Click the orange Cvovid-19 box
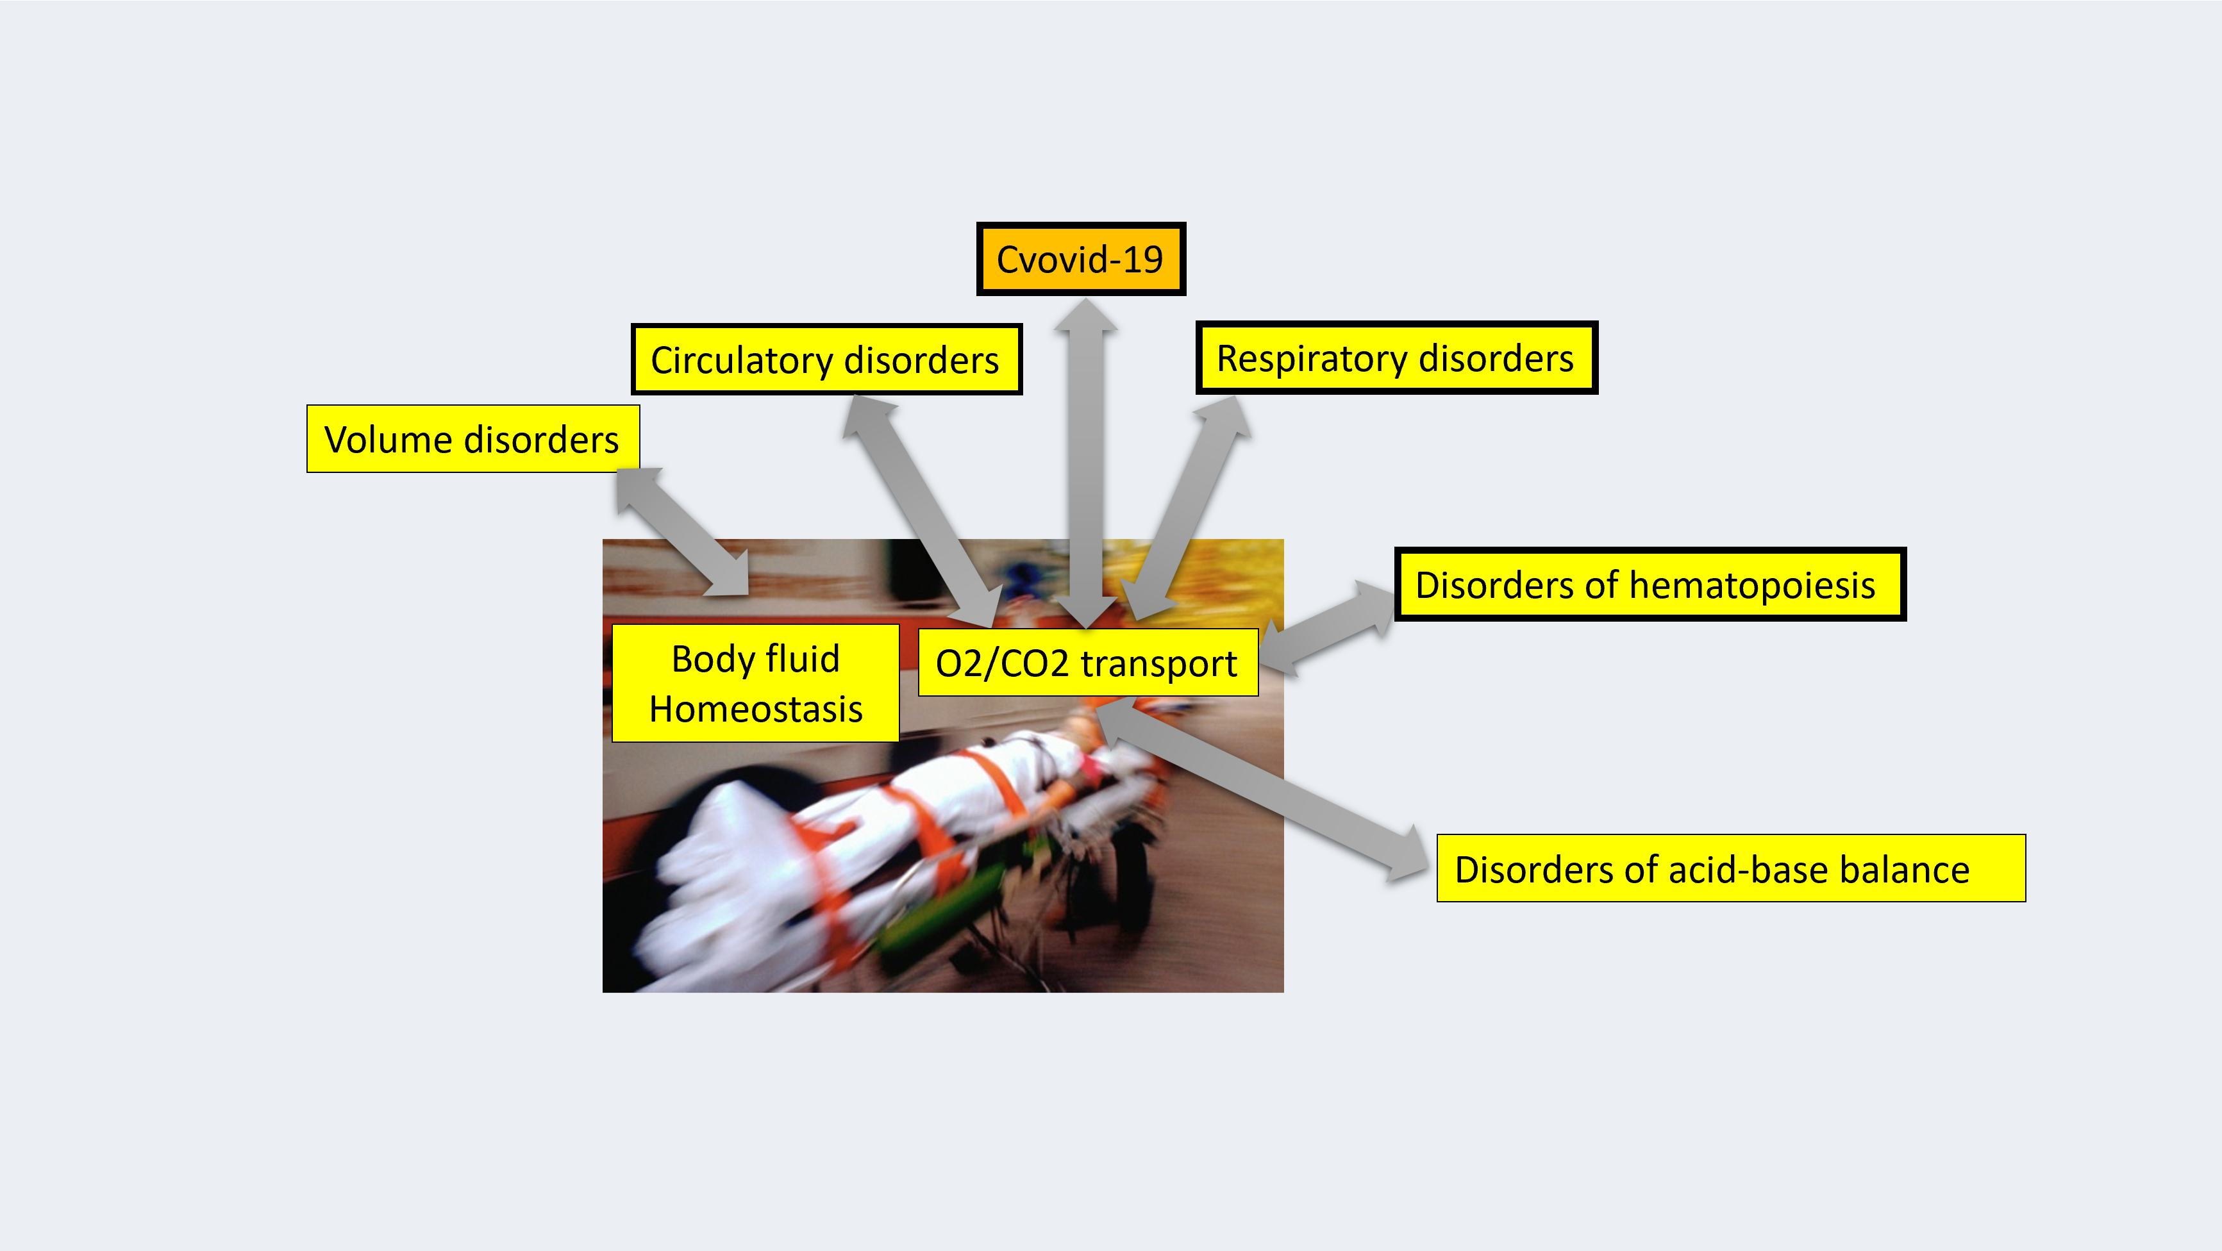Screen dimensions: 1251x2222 (x=1080, y=259)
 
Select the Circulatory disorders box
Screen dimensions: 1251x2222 (x=826, y=360)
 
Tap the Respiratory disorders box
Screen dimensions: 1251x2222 (x=1396, y=358)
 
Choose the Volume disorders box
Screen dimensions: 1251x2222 (x=472, y=439)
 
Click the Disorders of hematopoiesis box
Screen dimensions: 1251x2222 (x=1650, y=584)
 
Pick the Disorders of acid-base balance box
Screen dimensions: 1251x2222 (x=1730, y=868)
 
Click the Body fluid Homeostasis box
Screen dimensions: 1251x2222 (x=756, y=683)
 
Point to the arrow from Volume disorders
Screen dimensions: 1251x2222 (x=681, y=532)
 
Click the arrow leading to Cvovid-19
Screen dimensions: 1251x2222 (x=1086, y=465)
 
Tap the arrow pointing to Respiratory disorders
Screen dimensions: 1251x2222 (x=1190, y=509)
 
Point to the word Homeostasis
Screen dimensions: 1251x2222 (x=756, y=709)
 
